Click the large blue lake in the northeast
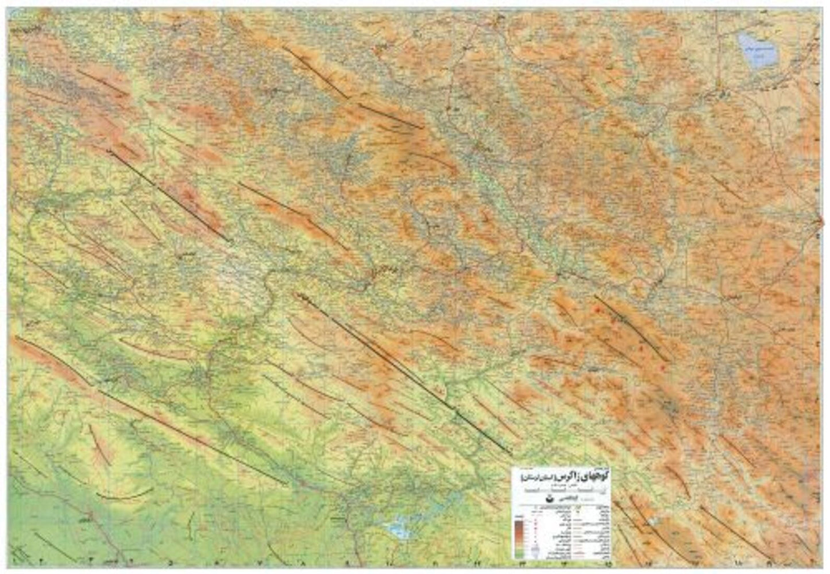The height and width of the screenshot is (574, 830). click(757, 49)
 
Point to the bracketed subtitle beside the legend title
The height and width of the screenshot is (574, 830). click(530, 477)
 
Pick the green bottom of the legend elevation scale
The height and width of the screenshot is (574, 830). click(519, 553)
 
